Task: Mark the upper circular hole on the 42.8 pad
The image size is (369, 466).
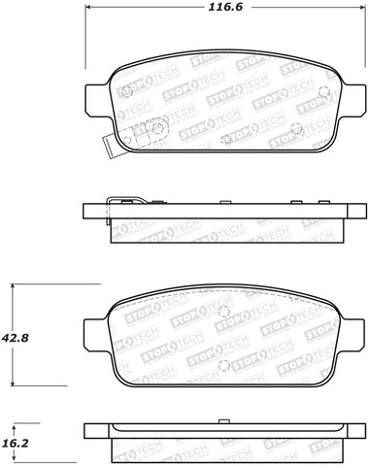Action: coord(224,313)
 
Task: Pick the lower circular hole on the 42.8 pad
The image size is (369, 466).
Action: coord(224,364)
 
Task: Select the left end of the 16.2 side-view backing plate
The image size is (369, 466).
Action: coord(87,432)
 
